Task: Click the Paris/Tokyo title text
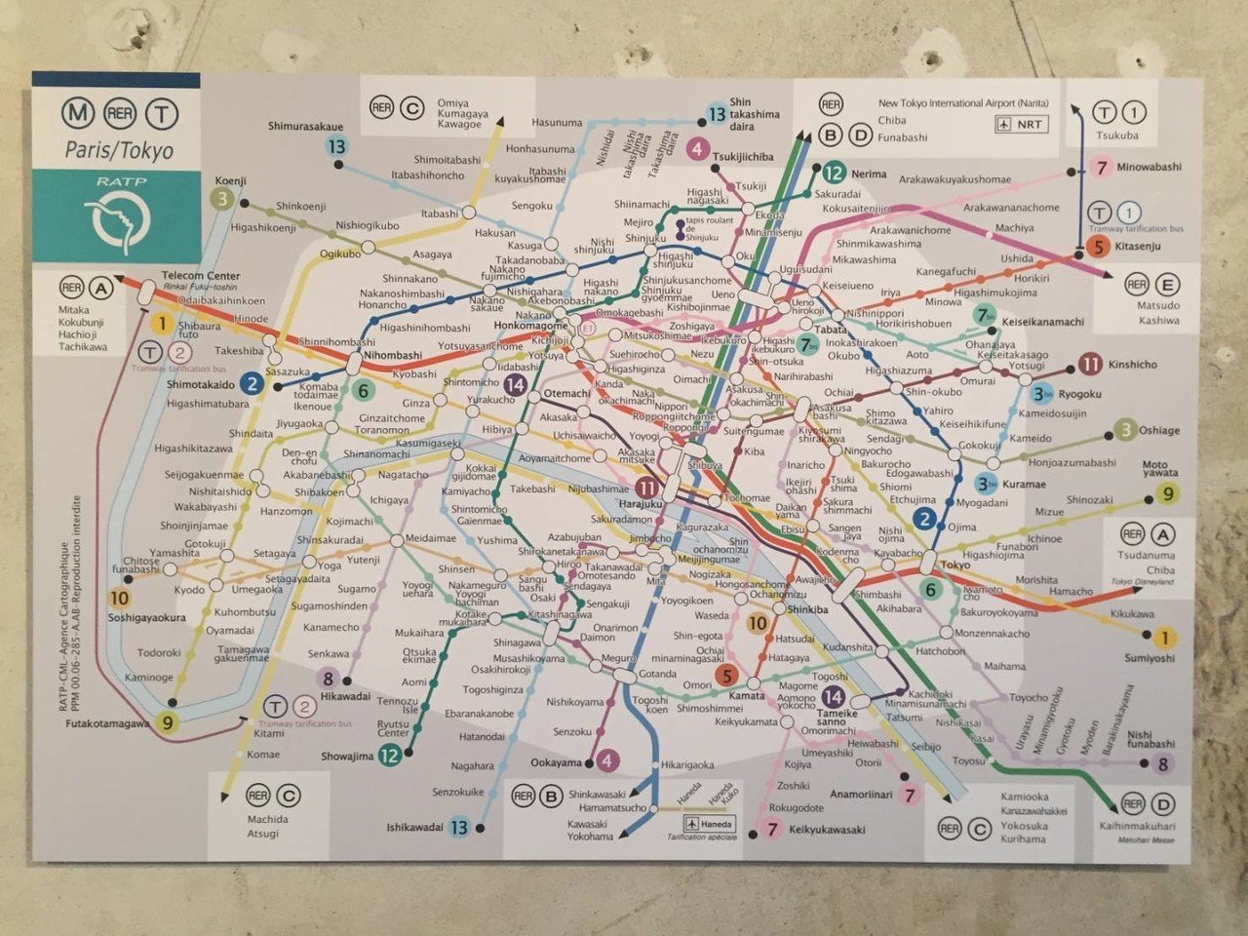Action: point(118,150)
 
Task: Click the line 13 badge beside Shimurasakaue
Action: point(336,147)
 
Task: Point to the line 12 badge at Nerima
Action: point(833,174)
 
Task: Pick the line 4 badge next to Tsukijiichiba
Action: point(697,149)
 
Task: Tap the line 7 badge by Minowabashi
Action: point(1101,168)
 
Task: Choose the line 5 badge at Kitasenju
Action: point(1098,247)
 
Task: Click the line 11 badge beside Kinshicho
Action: point(1090,366)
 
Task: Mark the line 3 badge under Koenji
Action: point(222,199)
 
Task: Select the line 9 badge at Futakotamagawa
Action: point(168,722)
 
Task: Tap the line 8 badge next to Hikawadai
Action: point(329,680)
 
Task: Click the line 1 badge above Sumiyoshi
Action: point(1163,639)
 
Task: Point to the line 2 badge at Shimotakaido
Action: point(252,383)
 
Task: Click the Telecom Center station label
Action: point(201,276)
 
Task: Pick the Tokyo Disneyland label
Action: point(1142,582)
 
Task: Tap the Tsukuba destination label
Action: point(1116,136)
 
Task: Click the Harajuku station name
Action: point(640,504)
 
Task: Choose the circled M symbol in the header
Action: point(77,114)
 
